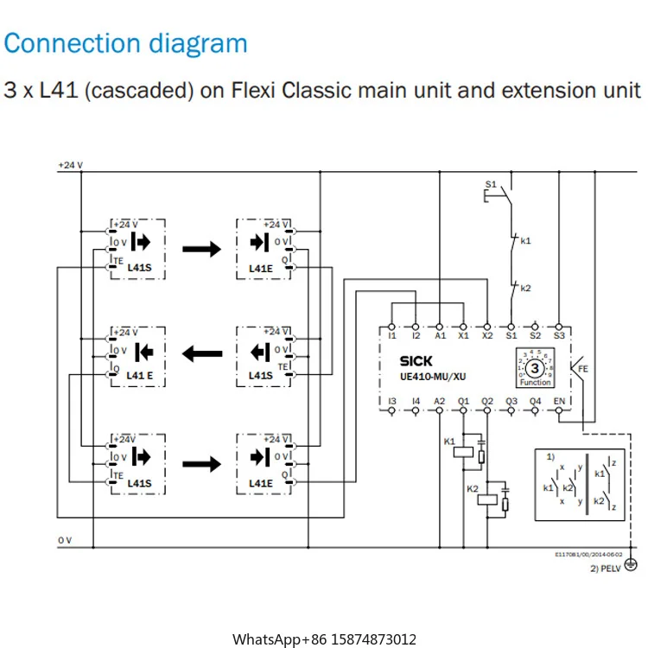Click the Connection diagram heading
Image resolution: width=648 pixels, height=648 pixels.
(126, 43)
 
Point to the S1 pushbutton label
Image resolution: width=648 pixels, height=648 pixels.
(491, 184)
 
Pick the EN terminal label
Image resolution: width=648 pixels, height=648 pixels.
(559, 401)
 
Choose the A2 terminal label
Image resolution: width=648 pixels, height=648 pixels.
(440, 401)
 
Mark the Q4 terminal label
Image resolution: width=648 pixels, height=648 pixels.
(535, 401)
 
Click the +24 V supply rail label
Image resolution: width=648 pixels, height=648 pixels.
(70, 164)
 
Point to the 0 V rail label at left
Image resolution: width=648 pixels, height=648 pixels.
(65, 540)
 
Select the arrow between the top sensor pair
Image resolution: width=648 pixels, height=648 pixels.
(201, 248)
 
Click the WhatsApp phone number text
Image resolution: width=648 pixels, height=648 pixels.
(324, 639)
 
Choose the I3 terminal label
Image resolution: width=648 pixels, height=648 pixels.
(392, 401)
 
